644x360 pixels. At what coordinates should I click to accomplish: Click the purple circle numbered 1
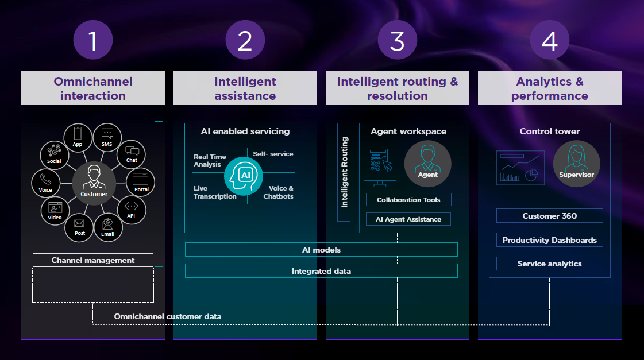click(x=93, y=40)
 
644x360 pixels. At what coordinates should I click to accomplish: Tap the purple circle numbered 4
click(x=549, y=40)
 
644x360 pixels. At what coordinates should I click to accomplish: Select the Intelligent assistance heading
click(x=245, y=88)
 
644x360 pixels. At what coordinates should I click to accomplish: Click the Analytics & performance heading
click(x=549, y=88)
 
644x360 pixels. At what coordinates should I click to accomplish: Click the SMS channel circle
click(x=107, y=137)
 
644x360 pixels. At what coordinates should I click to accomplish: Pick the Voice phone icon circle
click(x=45, y=183)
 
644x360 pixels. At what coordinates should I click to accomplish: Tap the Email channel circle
click(x=107, y=227)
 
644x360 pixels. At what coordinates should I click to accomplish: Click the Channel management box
click(x=93, y=260)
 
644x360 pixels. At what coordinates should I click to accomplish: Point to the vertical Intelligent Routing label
click(x=344, y=172)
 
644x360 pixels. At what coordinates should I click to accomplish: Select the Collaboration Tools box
click(x=408, y=200)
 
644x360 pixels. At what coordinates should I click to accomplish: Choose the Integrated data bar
click(x=321, y=271)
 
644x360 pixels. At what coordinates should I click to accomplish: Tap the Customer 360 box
click(x=549, y=216)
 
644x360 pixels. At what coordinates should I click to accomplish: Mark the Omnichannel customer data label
click(x=168, y=316)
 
